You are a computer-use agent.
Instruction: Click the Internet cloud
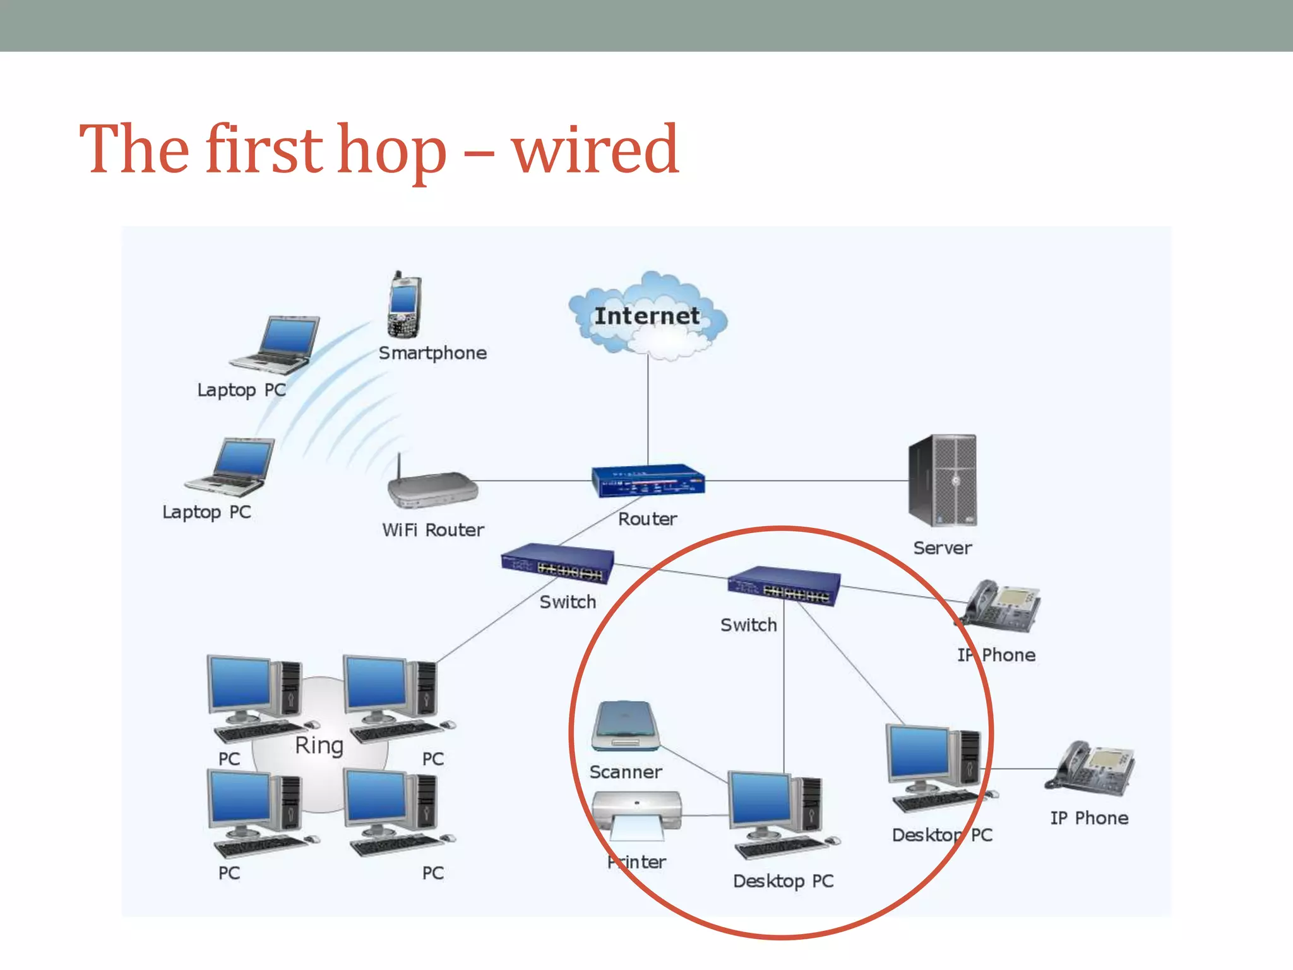648,316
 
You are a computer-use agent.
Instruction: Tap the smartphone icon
403,307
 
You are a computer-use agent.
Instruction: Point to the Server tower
942,480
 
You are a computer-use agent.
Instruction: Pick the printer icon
637,815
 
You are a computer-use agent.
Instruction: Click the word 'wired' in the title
595,150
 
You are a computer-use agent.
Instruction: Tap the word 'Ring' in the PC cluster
319,745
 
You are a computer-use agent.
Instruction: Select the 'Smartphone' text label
432,353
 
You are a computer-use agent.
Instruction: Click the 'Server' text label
942,548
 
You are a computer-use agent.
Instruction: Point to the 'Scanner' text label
625,772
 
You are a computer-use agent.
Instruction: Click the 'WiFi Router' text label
432,530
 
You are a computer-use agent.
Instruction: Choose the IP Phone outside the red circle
1091,768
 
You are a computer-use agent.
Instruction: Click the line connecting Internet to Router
648,410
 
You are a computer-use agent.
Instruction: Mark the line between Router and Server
808,481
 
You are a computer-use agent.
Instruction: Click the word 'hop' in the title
391,152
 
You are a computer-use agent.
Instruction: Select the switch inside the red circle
784,585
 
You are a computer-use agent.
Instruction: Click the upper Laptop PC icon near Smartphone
278,344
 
